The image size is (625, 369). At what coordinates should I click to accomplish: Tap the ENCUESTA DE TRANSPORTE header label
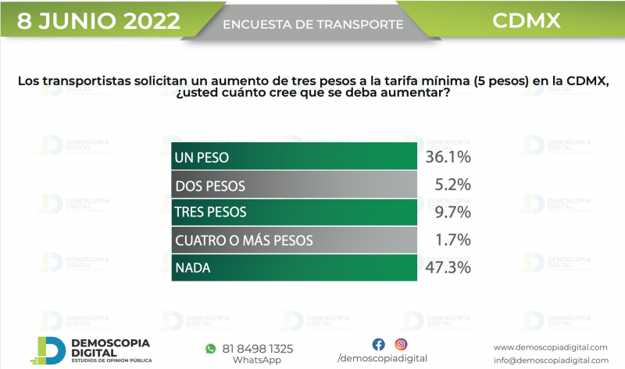point(313,25)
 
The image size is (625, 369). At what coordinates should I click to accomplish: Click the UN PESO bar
point(294,157)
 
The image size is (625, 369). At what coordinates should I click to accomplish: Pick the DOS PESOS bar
point(294,185)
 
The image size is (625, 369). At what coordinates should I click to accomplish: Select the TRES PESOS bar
point(294,212)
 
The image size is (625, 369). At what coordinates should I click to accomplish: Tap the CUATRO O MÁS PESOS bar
point(294,240)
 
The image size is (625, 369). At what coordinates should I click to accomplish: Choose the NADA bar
point(294,268)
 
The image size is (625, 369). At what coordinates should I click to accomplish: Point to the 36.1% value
point(448,157)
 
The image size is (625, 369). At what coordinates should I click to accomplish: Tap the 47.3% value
point(448,268)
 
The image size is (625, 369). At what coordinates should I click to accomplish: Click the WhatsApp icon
point(210,348)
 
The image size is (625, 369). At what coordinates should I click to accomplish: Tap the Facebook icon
point(378,344)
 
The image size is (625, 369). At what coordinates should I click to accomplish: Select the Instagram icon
point(401,344)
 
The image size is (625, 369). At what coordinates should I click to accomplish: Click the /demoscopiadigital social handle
point(388,358)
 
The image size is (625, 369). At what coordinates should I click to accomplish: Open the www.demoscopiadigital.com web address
point(550,347)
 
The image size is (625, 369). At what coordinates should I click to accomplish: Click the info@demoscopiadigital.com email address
point(550,360)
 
